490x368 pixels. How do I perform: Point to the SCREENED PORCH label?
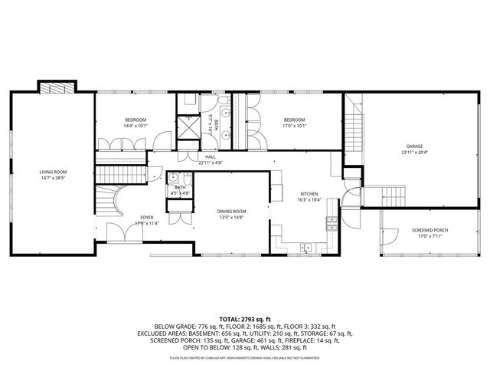(430, 231)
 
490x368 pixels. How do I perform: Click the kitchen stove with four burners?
(332, 224)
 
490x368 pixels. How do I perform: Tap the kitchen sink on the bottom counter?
(306, 248)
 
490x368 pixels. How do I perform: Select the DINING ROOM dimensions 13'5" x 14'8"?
(230, 218)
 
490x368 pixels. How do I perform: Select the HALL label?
(210, 156)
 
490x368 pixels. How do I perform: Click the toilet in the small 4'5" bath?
(174, 179)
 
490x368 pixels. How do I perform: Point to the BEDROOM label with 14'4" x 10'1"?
(136, 120)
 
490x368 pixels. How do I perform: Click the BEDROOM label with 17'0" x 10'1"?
(294, 120)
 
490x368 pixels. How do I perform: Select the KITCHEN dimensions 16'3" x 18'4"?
(309, 200)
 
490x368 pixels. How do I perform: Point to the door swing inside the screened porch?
(392, 237)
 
